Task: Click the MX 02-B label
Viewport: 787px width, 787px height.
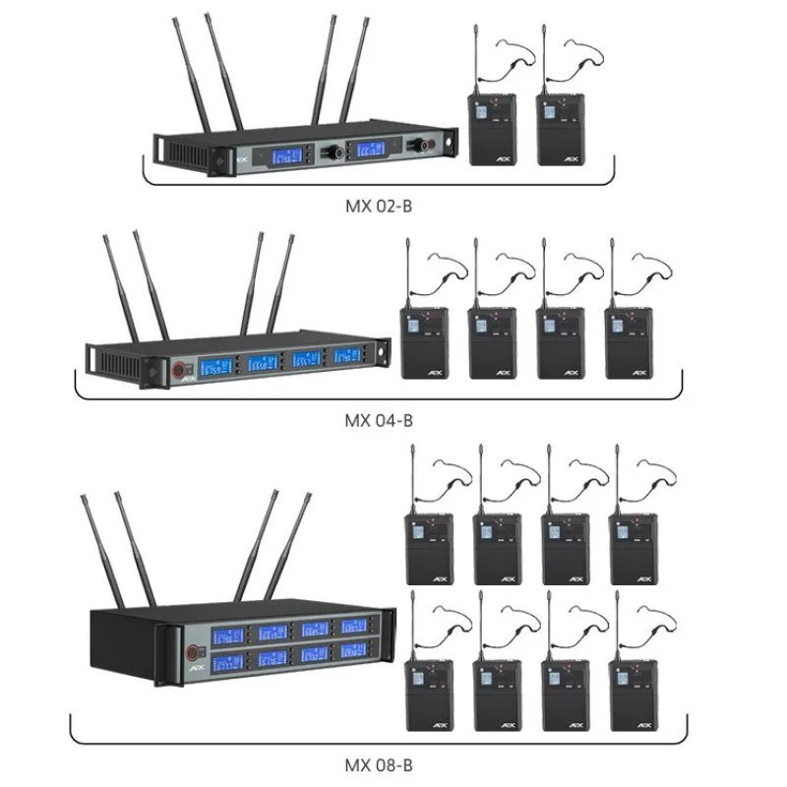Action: pos(379,204)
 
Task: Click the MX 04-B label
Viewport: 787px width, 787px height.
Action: pos(379,420)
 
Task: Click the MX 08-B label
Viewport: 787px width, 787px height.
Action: pos(379,763)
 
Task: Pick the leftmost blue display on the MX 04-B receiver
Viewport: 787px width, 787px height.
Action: pos(216,366)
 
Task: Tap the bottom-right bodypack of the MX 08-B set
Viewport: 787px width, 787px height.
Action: pos(635,694)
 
